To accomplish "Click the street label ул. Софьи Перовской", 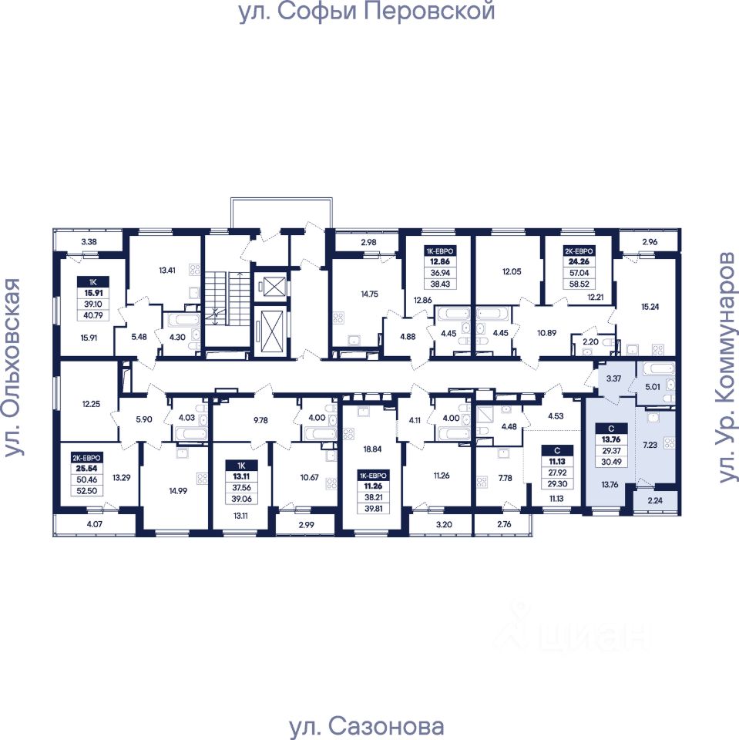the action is click(x=366, y=12).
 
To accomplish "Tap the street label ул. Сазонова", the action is click(x=366, y=726).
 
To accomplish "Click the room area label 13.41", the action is click(x=167, y=270).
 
